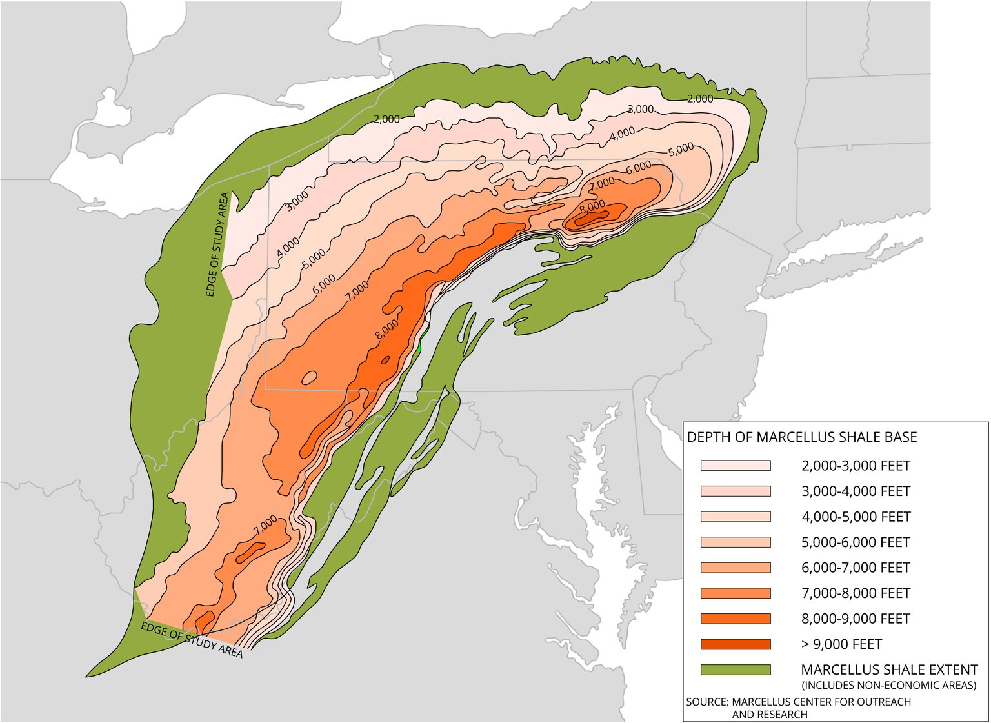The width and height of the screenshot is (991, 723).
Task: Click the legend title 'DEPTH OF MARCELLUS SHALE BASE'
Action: tap(801, 437)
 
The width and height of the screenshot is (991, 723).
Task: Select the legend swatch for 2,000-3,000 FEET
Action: tap(736, 466)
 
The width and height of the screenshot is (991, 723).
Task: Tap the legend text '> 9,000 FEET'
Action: tap(841, 644)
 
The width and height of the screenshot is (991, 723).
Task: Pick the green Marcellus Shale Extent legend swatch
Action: tap(736, 670)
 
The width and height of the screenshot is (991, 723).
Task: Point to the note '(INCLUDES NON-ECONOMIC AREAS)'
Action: tap(888, 685)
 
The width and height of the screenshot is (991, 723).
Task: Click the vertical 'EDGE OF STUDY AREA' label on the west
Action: tap(217, 245)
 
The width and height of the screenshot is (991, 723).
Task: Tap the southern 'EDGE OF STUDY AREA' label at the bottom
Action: tap(192, 639)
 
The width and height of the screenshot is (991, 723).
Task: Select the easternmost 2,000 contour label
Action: tap(699, 99)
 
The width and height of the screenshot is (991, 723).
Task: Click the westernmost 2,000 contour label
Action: tap(386, 119)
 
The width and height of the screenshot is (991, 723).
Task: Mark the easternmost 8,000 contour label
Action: tap(592, 206)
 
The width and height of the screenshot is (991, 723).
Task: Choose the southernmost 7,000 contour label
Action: tap(265, 525)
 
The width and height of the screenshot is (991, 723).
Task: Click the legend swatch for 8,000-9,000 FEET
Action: tap(736, 619)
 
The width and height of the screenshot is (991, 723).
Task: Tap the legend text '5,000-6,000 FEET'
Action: tap(856, 542)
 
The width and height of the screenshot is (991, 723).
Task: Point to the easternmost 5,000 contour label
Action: tap(681, 150)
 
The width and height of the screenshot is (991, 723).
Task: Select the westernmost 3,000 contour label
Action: tap(297, 201)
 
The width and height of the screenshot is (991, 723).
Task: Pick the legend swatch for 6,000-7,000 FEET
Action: tap(736, 568)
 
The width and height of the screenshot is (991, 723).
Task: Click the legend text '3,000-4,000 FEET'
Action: tap(856, 491)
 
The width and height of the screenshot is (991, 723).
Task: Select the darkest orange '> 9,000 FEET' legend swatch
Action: tap(736, 644)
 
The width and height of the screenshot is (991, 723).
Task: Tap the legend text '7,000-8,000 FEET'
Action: tap(856, 593)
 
